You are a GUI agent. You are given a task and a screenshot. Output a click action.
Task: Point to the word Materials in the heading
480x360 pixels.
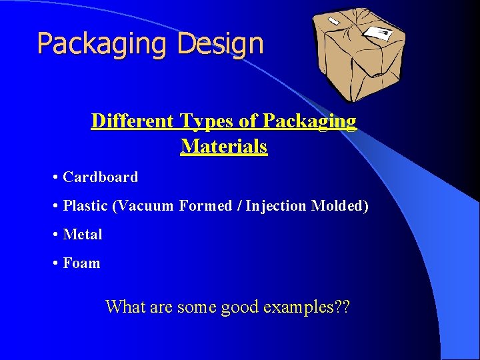click(x=224, y=146)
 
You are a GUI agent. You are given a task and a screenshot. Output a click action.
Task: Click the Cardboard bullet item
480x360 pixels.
click(x=100, y=177)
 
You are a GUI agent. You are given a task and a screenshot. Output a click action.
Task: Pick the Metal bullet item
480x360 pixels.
click(x=83, y=235)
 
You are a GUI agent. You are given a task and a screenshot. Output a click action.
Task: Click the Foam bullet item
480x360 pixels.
click(x=81, y=263)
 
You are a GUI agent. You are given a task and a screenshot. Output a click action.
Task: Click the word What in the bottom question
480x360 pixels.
click(x=123, y=307)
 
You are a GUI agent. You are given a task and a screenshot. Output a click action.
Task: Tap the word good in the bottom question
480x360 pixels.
click(x=240, y=307)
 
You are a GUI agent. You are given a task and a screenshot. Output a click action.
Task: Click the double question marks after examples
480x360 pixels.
click(x=343, y=307)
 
